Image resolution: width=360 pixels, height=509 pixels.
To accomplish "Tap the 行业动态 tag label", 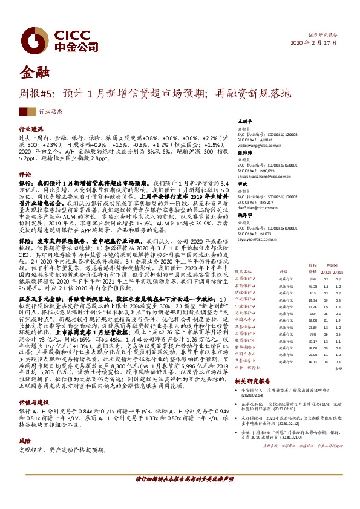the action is point(50,111).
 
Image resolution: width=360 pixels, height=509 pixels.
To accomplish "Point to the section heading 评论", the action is point(25,173).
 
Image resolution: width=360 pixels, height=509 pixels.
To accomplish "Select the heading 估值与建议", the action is point(33,385).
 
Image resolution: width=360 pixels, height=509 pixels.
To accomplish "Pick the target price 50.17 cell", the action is point(312,341).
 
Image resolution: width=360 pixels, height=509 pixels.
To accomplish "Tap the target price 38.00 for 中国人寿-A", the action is point(312,320).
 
